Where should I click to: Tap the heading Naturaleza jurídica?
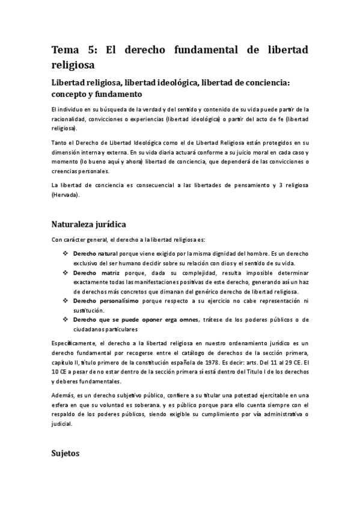click(x=88, y=224)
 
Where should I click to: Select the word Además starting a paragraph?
click(x=61, y=395)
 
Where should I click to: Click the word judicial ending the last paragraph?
click(x=61, y=423)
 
